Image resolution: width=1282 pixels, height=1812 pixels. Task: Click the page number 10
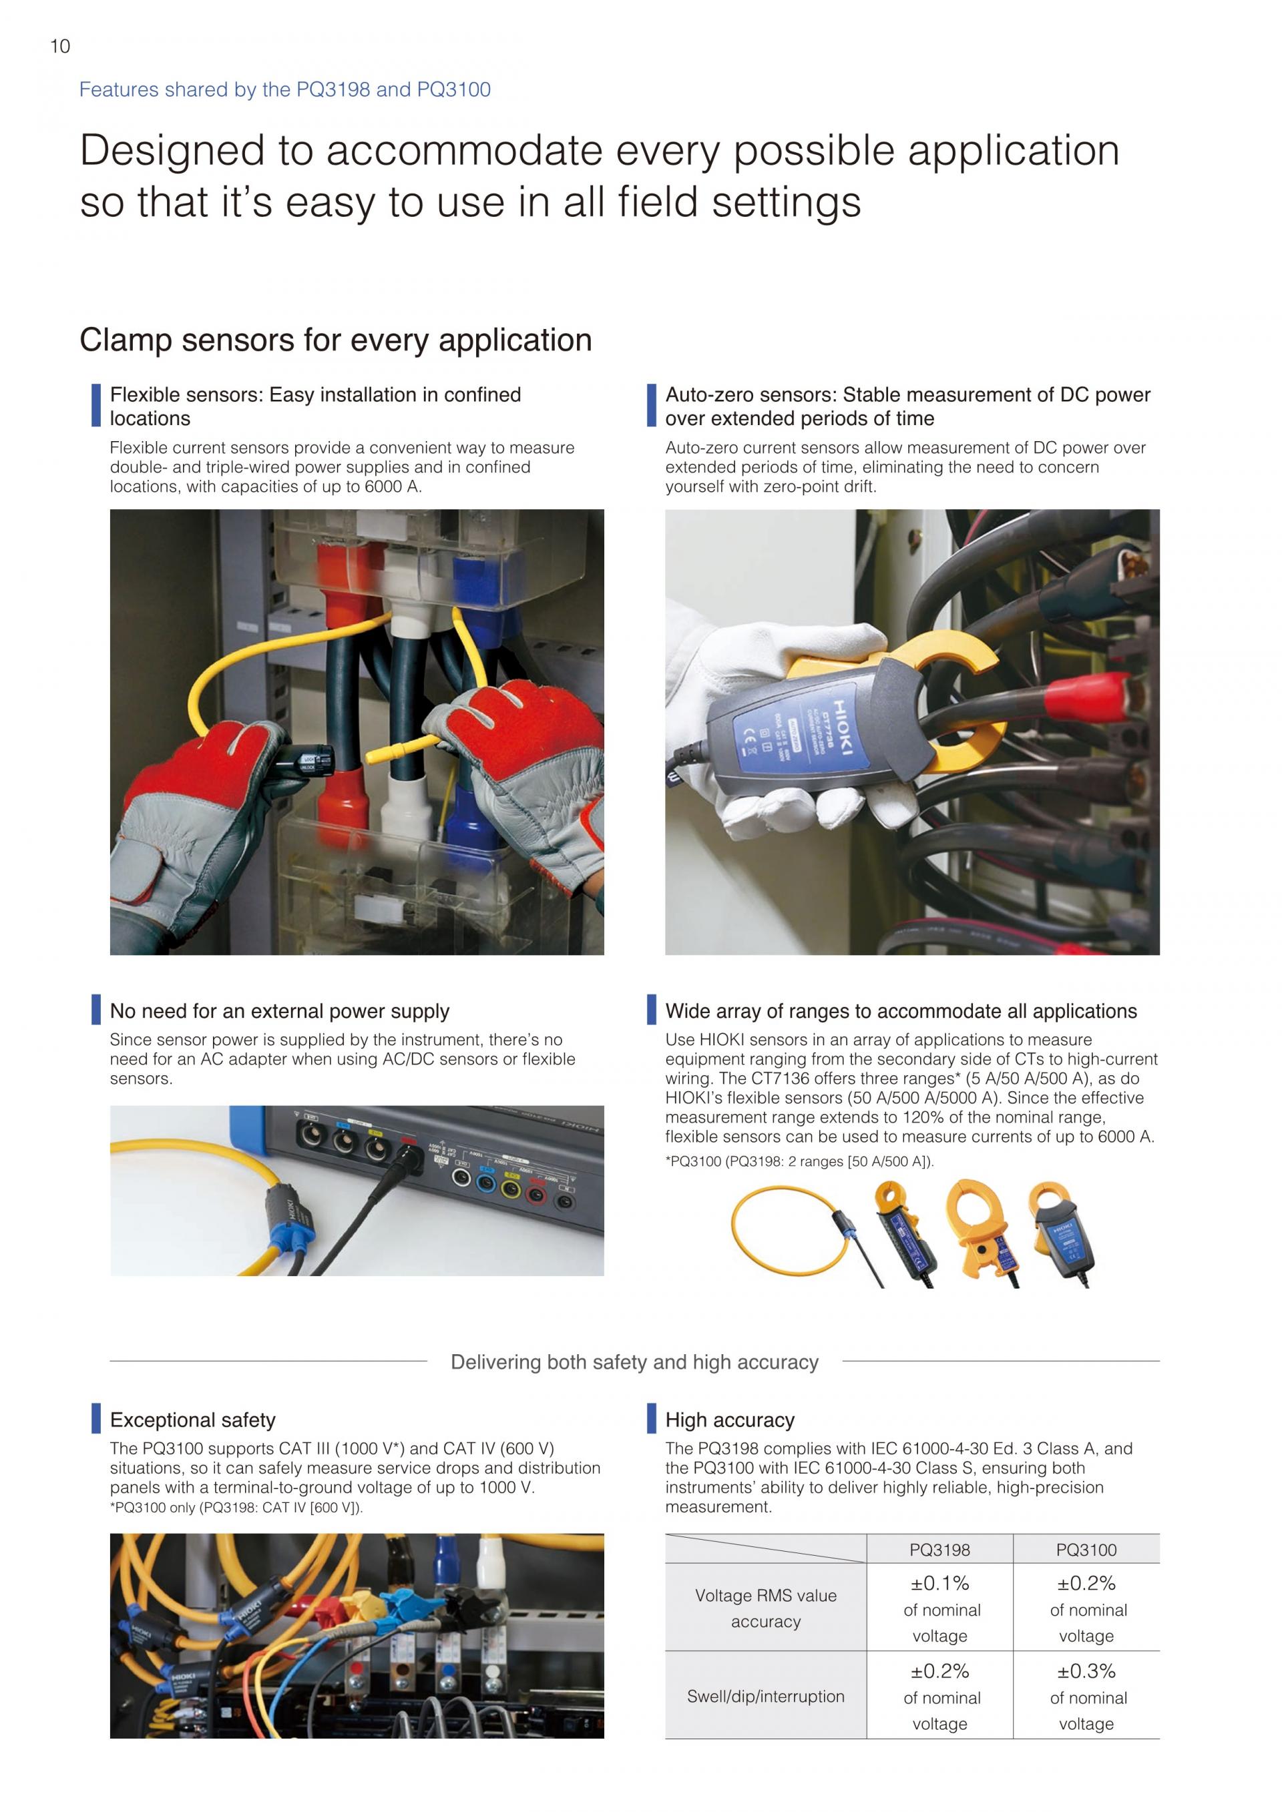pyautogui.click(x=60, y=47)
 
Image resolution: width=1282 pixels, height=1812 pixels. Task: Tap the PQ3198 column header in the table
pyautogui.click(x=939, y=1550)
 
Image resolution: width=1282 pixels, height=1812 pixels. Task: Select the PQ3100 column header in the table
pyautogui.click(x=1086, y=1550)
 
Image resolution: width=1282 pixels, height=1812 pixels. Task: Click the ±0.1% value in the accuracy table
pyautogui.click(x=939, y=1583)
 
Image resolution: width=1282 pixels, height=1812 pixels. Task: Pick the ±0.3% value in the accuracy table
pyautogui.click(x=1086, y=1671)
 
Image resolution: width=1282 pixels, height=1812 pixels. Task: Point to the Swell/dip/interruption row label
pyautogui.click(x=766, y=1697)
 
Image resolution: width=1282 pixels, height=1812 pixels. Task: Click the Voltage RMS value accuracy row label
pyautogui.click(x=766, y=1608)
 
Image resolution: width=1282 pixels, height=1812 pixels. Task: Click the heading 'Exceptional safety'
pyautogui.click(x=192, y=1420)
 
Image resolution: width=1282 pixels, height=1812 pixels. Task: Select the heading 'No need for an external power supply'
pyautogui.click(x=280, y=1011)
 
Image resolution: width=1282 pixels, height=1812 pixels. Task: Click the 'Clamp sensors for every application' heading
pyautogui.click(x=335, y=340)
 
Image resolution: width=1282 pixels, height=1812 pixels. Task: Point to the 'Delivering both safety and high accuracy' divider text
pyautogui.click(x=635, y=1362)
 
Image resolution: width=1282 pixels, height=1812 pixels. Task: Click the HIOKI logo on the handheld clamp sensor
pyautogui.click(x=841, y=728)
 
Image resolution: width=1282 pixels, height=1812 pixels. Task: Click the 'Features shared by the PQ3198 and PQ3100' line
pyautogui.click(x=285, y=90)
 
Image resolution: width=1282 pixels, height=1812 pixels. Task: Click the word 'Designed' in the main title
pyautogui.click(x=172, y=151)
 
